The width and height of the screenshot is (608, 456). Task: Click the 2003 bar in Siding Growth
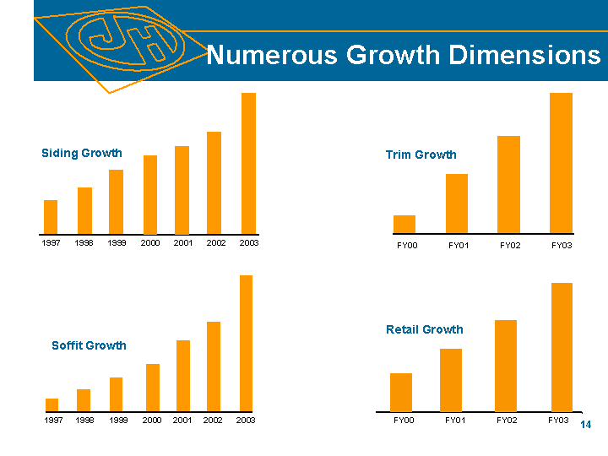248,163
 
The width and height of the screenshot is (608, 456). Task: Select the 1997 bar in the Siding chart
51,216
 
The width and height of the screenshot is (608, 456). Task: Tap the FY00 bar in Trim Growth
404,224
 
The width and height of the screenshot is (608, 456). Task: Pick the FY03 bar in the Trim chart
561,163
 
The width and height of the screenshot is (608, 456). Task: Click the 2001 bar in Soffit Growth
182,376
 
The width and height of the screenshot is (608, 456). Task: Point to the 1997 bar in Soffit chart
52,404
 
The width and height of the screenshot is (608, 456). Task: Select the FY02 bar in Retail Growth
506,365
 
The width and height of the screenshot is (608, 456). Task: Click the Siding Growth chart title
82,153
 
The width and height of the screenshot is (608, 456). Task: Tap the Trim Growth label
421,155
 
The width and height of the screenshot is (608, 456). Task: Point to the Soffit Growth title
89,345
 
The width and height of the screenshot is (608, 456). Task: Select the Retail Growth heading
425,329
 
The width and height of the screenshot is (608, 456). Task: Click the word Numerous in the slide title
258,56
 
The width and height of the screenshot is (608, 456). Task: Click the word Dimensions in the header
525,56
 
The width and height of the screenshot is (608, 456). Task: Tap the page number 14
587,424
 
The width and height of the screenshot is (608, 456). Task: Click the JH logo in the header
125,41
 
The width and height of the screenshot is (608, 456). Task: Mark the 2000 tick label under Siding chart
150,243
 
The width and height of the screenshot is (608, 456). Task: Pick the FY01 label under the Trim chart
459,246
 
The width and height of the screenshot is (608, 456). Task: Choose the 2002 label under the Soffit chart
213,420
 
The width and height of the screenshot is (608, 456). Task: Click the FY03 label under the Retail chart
558,420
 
